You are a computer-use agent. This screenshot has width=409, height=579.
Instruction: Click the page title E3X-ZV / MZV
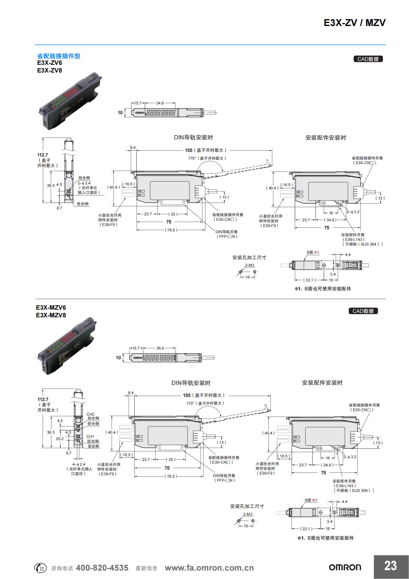point(354,23)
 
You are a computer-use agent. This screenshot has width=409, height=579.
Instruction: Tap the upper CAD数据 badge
point(368,59)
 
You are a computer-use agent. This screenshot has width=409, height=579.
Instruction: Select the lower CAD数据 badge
point(363,311)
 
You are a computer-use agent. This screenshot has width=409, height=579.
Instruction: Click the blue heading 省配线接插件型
point(58,56)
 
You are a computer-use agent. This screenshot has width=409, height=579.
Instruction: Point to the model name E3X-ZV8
point(50,70)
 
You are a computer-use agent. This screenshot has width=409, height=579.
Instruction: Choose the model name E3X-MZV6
point(51,307)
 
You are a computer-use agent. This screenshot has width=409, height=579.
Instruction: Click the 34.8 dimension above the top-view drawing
point(160,103)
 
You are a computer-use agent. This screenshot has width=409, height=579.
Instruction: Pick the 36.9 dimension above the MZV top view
point(160,348)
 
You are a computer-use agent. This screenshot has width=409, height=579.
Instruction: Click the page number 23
point(390,566)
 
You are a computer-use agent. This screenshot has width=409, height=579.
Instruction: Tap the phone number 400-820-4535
point(102,568)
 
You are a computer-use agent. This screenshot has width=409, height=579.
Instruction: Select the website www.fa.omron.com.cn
point(209,568)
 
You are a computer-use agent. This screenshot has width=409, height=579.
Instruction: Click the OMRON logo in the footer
point(345,567)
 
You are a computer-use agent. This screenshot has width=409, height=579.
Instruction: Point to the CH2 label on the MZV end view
point(90,414)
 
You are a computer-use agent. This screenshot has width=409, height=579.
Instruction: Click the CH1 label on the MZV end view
point(90,436)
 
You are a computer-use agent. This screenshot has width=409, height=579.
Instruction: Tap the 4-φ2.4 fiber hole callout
point(79,464)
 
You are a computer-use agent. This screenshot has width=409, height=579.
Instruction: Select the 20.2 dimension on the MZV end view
point(60,439)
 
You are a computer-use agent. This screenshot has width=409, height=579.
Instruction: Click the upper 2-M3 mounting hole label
point(249,265)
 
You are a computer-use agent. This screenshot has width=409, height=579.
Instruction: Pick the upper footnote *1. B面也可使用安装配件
point(323,289)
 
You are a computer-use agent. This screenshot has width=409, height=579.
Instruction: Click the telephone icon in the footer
point(40,568)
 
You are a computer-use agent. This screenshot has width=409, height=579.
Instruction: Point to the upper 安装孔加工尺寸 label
point(249,257)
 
